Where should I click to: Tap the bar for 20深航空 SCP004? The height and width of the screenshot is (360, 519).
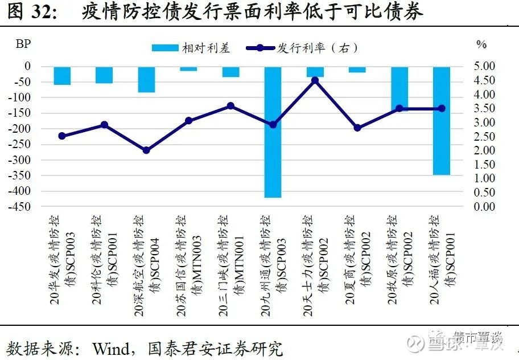[x=146, y=80]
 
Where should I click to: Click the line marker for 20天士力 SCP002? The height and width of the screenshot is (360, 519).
[x=315, y=80]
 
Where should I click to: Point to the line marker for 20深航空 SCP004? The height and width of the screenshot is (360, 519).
[x=146, y=150]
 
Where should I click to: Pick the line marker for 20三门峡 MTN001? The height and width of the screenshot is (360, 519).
[x=230, y=106]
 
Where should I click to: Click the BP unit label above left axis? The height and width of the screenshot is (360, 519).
[x=24, y=44]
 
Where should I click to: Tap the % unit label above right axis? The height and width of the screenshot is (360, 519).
[x=481, y=44]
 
